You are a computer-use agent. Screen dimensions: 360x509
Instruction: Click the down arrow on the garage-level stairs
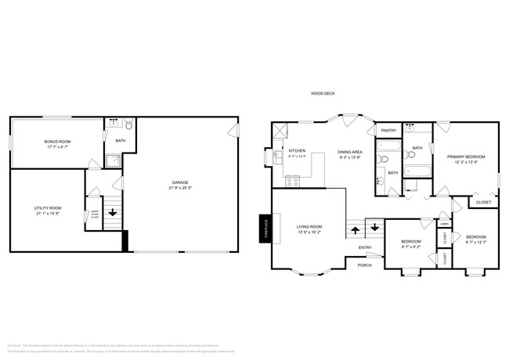(x=113, y=212)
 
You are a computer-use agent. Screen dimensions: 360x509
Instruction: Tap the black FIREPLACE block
(x=265, y=228)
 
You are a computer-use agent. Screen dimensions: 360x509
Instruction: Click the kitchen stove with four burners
(x=292, y=182)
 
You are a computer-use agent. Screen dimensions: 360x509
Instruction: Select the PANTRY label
(x=387, y=131)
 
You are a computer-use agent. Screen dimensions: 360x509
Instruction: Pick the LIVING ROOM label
(x=310, y=226)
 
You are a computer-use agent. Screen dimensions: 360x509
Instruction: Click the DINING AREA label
(x=349, y=152)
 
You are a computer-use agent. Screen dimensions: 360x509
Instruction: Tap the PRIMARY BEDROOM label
(x=466, y=157)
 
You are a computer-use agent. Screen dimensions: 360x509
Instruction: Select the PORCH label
(x=364, y=265)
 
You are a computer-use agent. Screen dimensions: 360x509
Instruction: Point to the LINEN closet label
(x=444, y=224)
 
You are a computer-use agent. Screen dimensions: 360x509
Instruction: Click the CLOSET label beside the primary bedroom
(x=484, y=202)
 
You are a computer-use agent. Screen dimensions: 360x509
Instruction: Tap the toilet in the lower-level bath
(x=129, y=124)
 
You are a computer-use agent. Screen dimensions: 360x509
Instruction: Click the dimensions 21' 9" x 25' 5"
(x=180, y=189)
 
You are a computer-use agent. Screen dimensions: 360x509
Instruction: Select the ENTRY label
(x=366, y=248)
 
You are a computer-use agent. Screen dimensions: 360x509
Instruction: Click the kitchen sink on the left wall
(x=277, y=157)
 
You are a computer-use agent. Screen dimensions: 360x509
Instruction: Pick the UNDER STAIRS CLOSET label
(x=95, y=214)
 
